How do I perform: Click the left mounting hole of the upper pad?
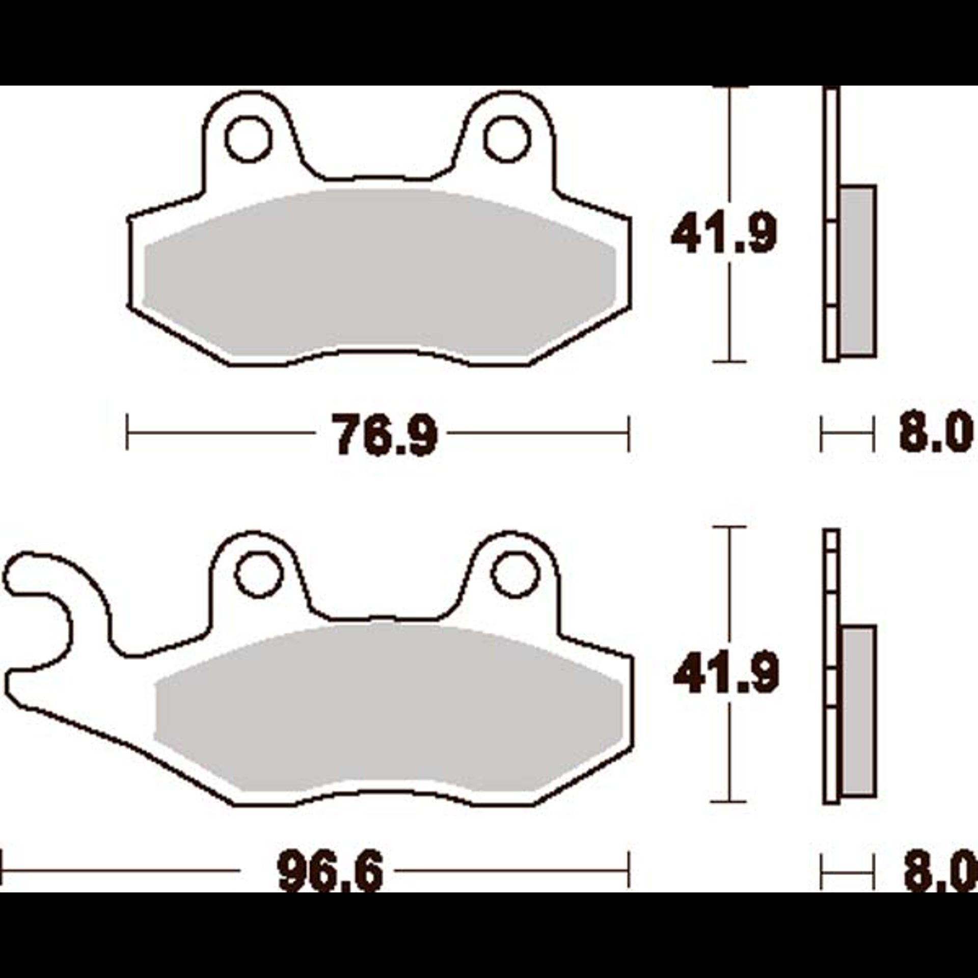point(248,140)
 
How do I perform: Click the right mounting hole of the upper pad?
point(507,140)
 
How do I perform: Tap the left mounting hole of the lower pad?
point(259,576)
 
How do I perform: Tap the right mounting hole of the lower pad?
point(515,576)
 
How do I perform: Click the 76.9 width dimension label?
point(385,433)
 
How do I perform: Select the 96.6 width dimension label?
point(330,872)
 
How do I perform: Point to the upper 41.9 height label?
point(724,234)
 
